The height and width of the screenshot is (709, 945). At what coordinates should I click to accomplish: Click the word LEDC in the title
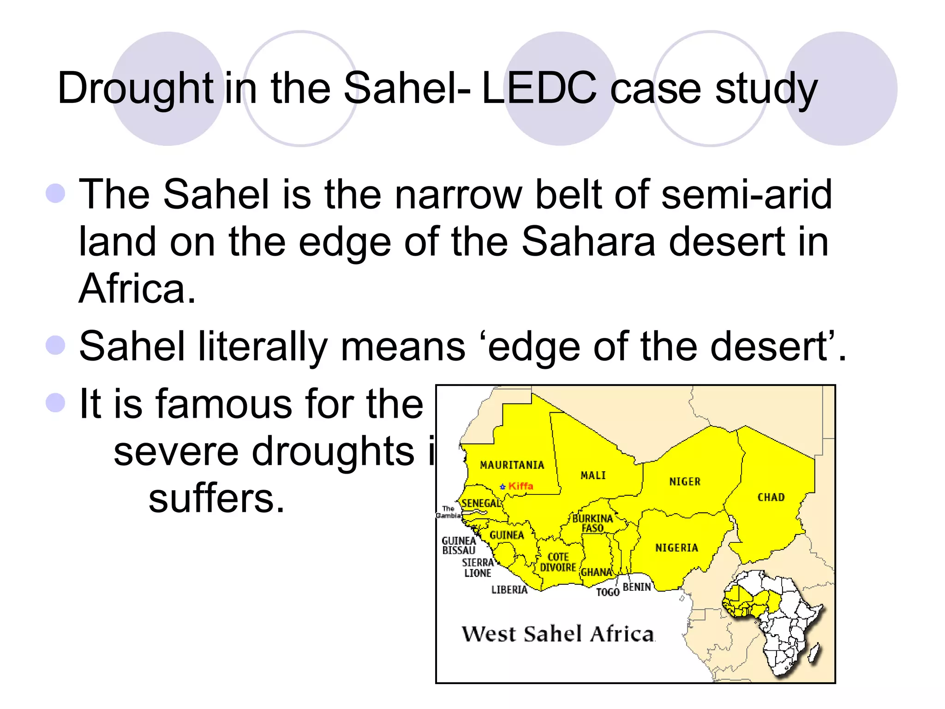click(x=539, y=88)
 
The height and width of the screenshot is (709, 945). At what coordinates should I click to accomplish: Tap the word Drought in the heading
click(x=135, y=89)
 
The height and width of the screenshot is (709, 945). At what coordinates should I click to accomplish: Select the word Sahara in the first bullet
click(x=588, y=242)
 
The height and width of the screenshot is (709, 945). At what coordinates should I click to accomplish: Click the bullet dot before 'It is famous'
click(x=56, y=403)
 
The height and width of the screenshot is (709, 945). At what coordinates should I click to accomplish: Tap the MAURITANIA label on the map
click(x=512, y=465)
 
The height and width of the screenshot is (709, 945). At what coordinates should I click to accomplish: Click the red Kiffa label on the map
click(x=520, y=486)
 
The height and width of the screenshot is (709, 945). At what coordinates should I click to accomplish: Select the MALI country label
click(x=593, y=475)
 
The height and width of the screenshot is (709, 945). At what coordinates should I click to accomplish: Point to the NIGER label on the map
click(x=685, y=481)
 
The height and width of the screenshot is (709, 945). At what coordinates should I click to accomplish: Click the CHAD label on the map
click(x=771, y=497)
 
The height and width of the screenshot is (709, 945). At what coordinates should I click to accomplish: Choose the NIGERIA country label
click(x=676, y=548)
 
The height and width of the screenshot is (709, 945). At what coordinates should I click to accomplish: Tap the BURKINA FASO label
click(x=592, y=523)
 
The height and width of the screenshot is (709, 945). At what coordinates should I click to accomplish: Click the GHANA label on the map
click(x=596, y=572)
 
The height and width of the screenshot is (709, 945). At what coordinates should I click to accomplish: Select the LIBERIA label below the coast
click(x=509, y=589)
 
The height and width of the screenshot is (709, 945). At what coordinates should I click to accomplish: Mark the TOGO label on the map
click(x=607, y=592)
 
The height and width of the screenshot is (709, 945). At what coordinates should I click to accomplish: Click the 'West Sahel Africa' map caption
click(x=558, y=634)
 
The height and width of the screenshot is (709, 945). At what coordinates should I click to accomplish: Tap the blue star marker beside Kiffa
click(x=503, y=487)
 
